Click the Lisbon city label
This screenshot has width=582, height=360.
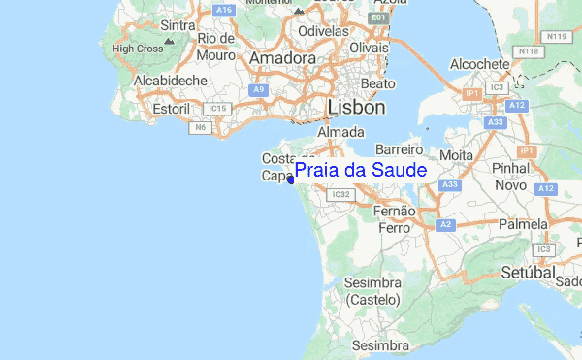pyautogui.click(x=357, y=107)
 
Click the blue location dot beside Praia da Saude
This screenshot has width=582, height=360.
pyautogui.click(x=291, y=179)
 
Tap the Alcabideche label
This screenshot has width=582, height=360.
pyautogui.click(x=145, y=82)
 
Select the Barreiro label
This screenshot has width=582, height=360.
pyautogui.click(x=400, y=150)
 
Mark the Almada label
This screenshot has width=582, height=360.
pyautogui.click(x=339, y=132)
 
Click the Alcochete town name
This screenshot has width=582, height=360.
pyautogui.click(x=480, y=64)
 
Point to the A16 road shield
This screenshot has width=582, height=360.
pyautogui.click(x=225, y=11)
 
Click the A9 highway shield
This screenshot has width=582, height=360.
pyautogui.click(x=258, y=89)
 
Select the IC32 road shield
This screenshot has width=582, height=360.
pyautogui.click(x=339, y=194)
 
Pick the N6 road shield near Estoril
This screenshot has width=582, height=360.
pyautogui.click(x=202, y=127)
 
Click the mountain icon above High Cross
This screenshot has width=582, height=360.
pyautogui.click(x=170, y=42)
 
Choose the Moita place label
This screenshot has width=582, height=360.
pyautogui.click(x=456, y=154)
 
